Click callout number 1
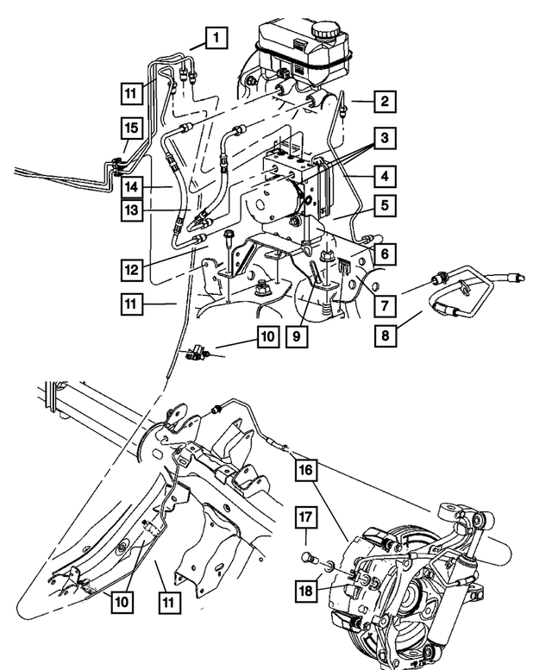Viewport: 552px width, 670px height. coord(216,37)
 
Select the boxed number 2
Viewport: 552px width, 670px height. coord(386,102)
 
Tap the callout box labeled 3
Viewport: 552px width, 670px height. coord(386,139)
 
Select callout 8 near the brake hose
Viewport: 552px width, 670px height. coord(386,334)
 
